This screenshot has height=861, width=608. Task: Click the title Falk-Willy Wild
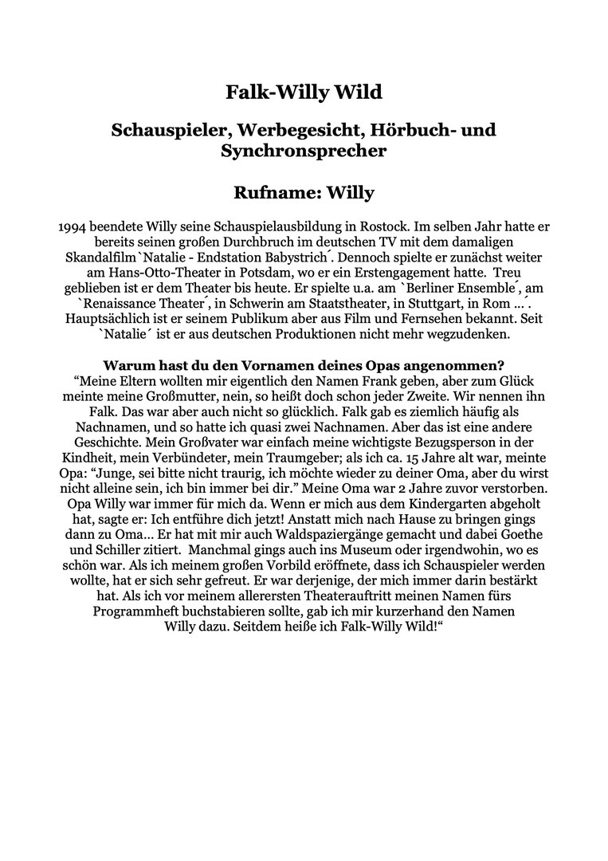304,93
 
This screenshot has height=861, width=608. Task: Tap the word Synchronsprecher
304,151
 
